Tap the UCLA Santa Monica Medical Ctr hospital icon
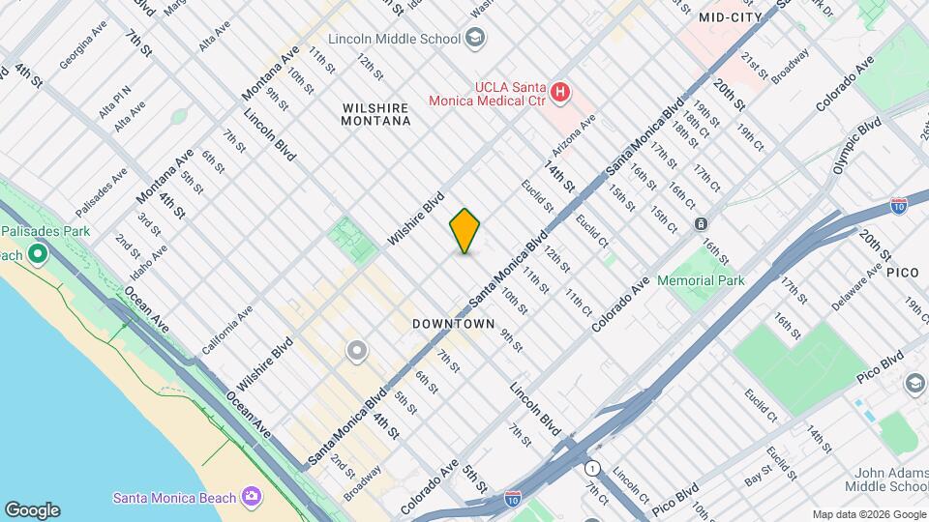point(559,94)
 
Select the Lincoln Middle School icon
point(474,39)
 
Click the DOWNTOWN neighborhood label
point(453,324)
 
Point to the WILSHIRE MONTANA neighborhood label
point(376,112)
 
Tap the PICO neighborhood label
point(902,273)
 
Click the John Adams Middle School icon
point(914,385)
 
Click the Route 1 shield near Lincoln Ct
point(592,468)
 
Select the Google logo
point(32,510)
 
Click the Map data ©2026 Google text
point(868,513)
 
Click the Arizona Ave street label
point(573,135)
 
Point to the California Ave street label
point(228,329)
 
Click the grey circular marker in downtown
point(357,351)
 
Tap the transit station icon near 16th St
point(701,223)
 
